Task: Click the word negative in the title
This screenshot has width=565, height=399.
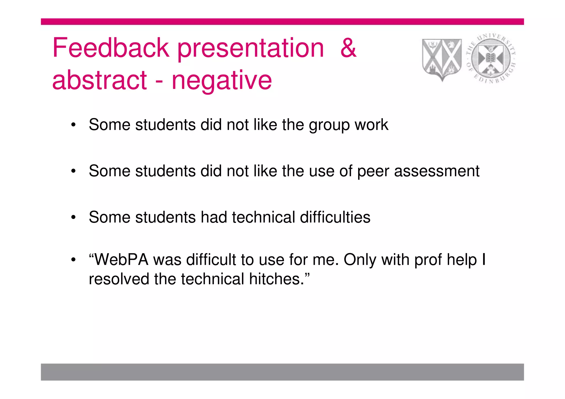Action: click(x=222, y=81)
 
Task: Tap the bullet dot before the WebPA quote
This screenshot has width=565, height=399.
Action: click(x=73, y=260)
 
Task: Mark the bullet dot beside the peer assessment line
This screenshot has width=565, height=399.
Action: click(x=73, y=171)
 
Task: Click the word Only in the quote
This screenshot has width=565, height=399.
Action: click(x=360, y=260)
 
